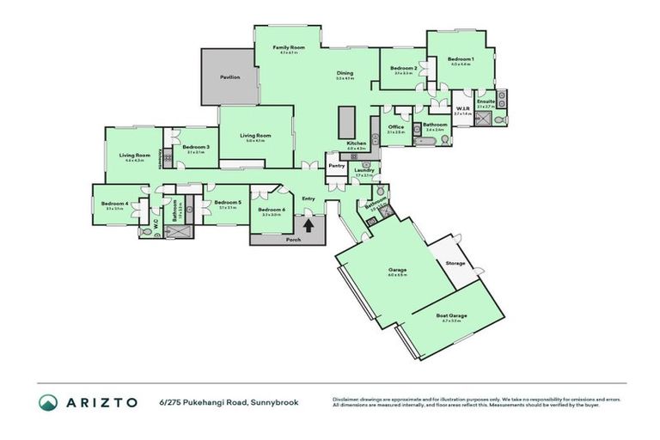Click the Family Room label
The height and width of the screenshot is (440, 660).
(290, 47)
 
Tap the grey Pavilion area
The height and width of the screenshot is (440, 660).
(229, 77)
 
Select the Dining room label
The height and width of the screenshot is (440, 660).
(345, 73)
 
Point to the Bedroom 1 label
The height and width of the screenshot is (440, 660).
(461, 58)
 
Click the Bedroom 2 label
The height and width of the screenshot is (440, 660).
(404, 68)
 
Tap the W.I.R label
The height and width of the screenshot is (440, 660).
(461, 108)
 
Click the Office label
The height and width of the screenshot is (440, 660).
(396, 127)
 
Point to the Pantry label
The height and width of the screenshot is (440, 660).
(336, 165)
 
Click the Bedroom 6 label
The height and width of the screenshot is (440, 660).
(271, 210)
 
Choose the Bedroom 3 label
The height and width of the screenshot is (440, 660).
(197, 147)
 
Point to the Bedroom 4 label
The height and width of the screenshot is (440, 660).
(114, 204)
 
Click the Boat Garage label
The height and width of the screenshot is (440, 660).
(451, 315)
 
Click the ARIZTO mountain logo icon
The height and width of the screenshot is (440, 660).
(48, 401)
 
